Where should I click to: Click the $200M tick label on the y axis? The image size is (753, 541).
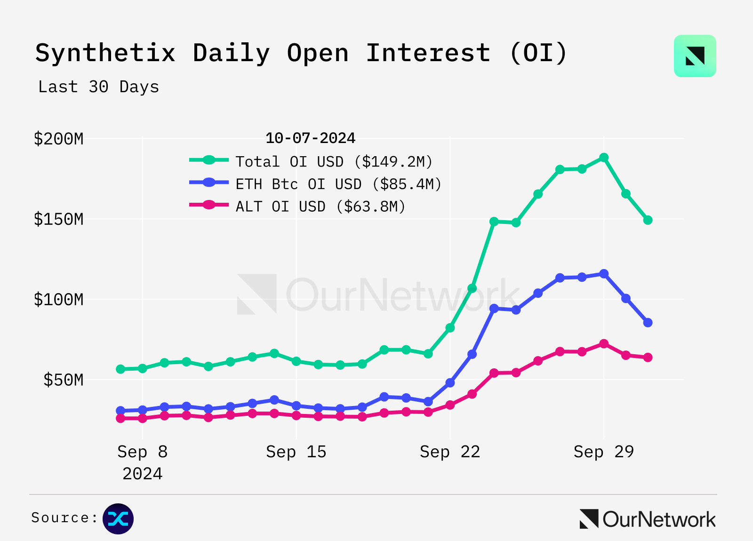pyautogui.click(x=58, y=139)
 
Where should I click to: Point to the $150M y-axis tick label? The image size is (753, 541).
pyautogui.click(x=58, y=219)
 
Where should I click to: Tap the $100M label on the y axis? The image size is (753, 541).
pyautogui.click(x=58, y=299)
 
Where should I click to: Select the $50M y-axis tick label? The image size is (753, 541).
pyautogui.click(x=63, y=380)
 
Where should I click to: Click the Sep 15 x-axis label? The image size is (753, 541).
pyautogui.click(x=296, y=452)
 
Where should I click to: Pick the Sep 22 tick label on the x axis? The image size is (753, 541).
pyautogui.click(x=450, y=452)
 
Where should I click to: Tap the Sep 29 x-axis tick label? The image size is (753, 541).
pyautogui.click(x=604, y=452)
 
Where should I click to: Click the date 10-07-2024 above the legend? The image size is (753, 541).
pyautogui.click(x=310, y=138)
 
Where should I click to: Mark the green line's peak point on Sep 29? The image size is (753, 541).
pyautogui.click(x=604, y=158)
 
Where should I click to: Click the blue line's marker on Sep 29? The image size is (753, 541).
pyautogui.click(x=604, y=274)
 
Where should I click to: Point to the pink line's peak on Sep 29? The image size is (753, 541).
pyautogui.click(x=604, y=344)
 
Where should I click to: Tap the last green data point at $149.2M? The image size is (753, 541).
pyautogui.click(x=648, y=220)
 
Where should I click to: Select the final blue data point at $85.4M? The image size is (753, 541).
pyautogui.click(x=648, y=322)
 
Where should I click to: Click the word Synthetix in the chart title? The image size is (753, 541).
pyautogui.click(x=105, y=53)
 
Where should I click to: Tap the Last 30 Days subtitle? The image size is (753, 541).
pyautogui.click(x=99, y=87)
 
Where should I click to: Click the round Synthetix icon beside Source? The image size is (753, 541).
pyautogui.click(x=118, y=519)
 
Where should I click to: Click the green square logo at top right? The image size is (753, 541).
pyautogui.click(x=695, y=56)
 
